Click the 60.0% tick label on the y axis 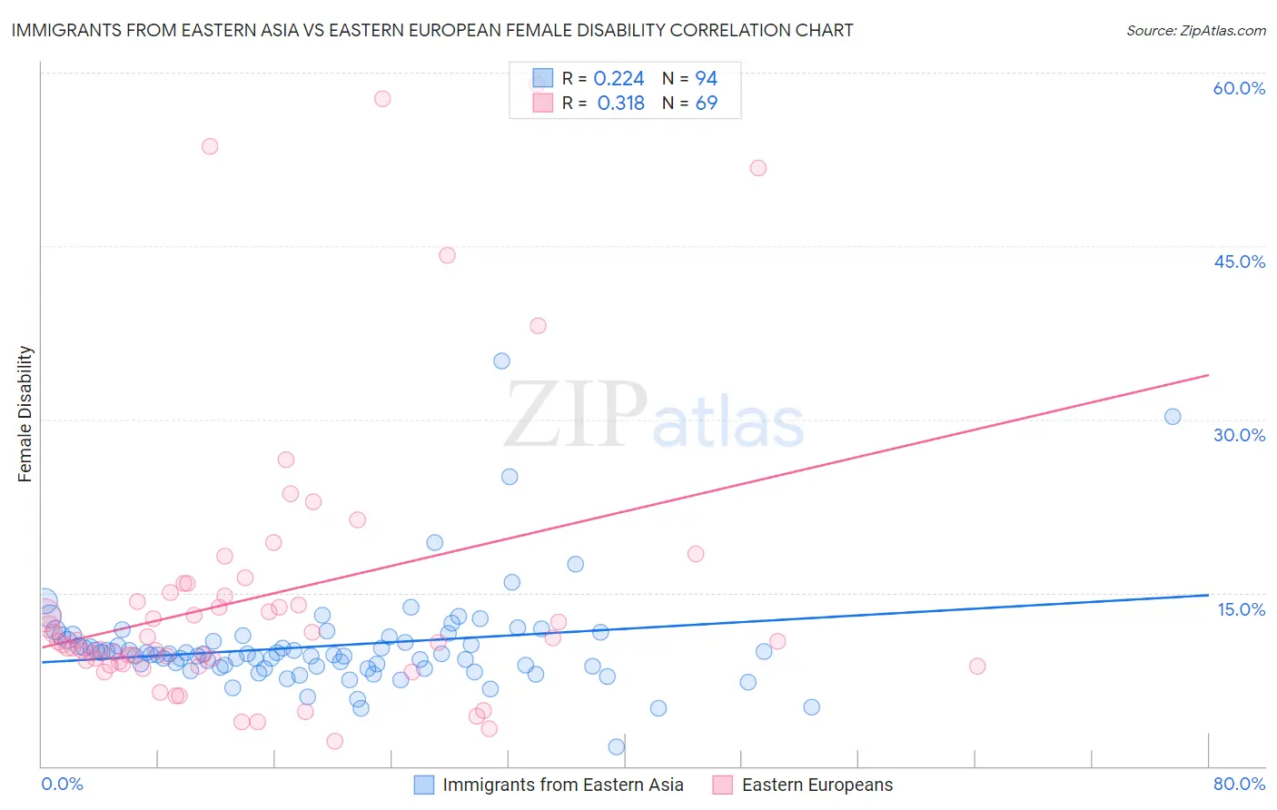coord(1239,88)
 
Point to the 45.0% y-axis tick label coord(1239,262)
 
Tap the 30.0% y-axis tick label coord(1239,435)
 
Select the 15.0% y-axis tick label coord(1241,609)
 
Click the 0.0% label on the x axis coord(62,784)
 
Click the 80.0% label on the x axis coord(1239,784)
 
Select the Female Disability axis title coord(25,414)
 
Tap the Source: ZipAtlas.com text coord(1195,30)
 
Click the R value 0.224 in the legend coord(619,79)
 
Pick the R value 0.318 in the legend coord(620,104)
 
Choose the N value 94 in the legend coord(706,79)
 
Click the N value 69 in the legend coord(706,104)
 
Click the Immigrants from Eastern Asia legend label coord(562,785)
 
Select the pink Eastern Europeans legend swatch coord(722,785)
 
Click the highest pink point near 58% coord(382,98)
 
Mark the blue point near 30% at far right coord(1173,417)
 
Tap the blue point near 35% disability coord(501,361)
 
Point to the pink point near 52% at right coord(758,168)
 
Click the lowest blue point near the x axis coord(617,746)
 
